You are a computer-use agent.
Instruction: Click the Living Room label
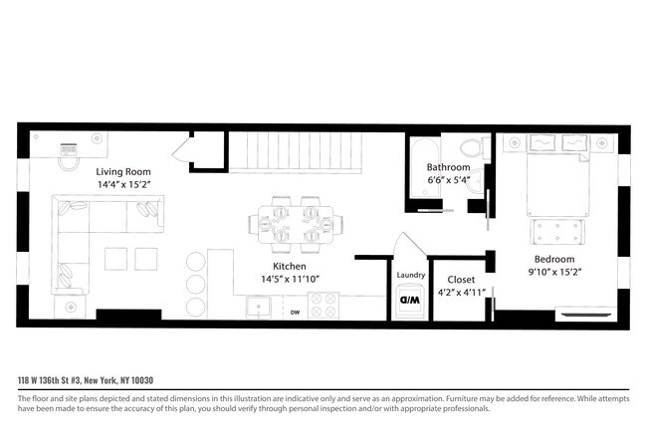[124, 171]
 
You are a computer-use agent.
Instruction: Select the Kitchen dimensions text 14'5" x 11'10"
[290, 280]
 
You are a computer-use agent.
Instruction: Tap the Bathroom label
[450, 166]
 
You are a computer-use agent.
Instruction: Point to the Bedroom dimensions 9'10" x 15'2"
[555, 270]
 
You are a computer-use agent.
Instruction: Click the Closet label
[461, 280]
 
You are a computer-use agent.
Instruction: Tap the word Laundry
[410, 276]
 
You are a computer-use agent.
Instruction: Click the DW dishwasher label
[295, 313]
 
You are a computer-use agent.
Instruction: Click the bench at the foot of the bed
[554, 231]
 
